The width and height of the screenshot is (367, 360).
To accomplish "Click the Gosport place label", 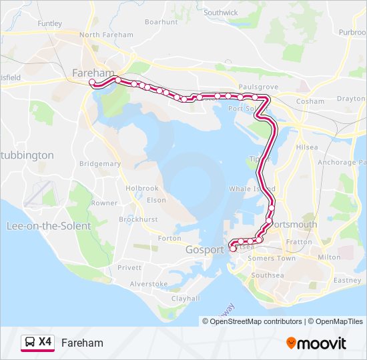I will [x=205, y=249].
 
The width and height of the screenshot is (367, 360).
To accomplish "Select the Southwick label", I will [x=221, y=13].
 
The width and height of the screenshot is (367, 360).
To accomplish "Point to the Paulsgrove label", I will [x=258, y=87].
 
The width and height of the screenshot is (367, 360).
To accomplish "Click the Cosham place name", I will [x=310, y=101].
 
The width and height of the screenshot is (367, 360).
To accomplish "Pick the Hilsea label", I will [x=307, y=146].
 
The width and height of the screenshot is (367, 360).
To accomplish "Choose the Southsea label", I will [x=268, y=275].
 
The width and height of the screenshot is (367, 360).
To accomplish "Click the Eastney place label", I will [x=347, y=281].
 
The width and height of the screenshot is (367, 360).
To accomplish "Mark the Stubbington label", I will [x=27, y=155].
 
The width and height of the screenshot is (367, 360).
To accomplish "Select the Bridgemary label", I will [x=100, y=163].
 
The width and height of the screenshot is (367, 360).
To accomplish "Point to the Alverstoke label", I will [x=148, y=283].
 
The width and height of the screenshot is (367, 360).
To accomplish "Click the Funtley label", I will [x=50, y=23].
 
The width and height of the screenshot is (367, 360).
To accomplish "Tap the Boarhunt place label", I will [x=161, y=22].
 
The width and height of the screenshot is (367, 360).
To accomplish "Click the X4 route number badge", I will [x=45, y=342].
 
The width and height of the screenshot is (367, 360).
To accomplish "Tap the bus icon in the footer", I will [x=30, y=343].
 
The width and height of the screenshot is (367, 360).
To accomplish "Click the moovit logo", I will [x=316, y=343].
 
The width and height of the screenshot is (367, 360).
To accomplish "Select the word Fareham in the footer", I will [x=82, y=343].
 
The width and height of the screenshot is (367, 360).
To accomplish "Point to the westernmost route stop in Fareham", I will [x=92, y=83].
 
